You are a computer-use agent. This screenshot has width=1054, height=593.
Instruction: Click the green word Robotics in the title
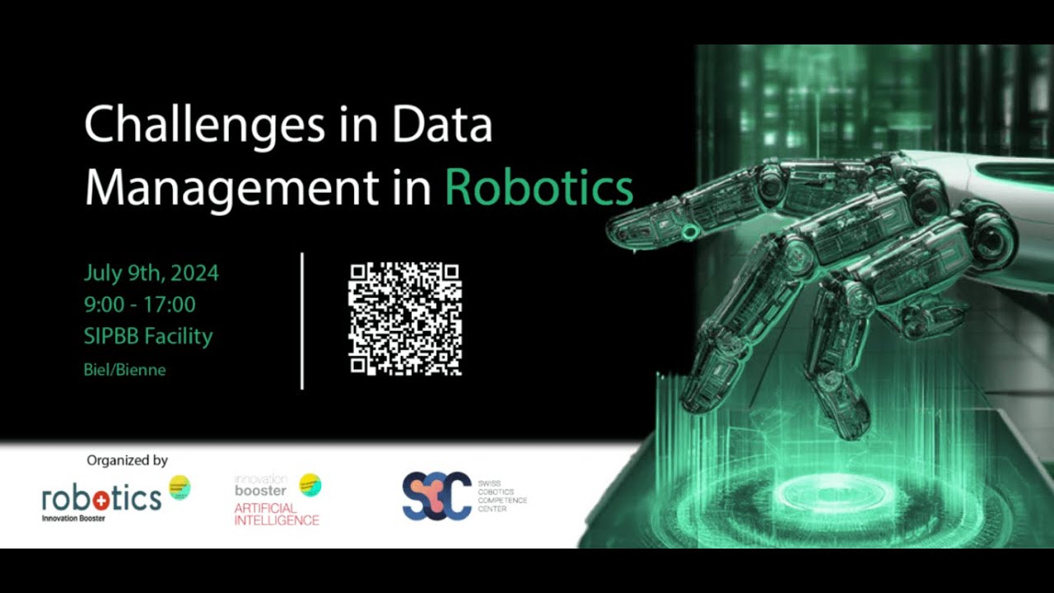click(539, 189)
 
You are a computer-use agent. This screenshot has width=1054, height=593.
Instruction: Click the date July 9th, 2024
click(151, 273)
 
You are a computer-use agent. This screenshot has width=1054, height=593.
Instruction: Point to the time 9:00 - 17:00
click(139, 305)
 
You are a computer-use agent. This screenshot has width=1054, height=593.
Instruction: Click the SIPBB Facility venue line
click(148, 336)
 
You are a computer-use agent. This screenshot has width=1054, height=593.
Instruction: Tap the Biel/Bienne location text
click(124, 370)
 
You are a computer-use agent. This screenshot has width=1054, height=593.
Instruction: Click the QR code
click(404, 319)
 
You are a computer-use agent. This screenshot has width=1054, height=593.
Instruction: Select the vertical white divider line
click(302, 320)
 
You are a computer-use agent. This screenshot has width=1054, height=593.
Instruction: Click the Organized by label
click(127, 460)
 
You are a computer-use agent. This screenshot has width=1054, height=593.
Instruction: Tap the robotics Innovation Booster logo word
click(101, 498)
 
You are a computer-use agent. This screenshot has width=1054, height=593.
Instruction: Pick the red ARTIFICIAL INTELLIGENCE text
click(276, 515)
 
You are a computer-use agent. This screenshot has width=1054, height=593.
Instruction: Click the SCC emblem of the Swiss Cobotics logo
click(436, 496)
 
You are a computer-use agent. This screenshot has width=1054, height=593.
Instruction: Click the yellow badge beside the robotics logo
click(180, 487)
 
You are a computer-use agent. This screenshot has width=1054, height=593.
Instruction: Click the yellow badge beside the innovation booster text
click(310, 485)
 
